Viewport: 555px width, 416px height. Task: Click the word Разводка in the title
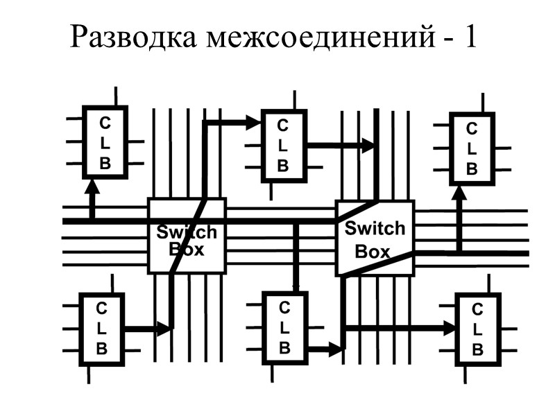tap(133, 37)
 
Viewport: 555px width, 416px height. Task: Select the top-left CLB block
tap(105, 142)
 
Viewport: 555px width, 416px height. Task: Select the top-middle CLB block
tap(283, 146)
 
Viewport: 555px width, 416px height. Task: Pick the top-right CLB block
tap(472, 148)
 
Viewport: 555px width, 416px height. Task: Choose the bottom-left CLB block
tap(102, 329)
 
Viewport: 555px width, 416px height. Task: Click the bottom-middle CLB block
tap(284, 327)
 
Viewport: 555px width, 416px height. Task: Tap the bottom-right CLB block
tap(477, 329)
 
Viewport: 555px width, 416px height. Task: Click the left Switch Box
tap(187, 236)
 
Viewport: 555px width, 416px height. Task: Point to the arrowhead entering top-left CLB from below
tap(92, 186)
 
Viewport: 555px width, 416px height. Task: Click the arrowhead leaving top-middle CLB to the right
tap(367, 146)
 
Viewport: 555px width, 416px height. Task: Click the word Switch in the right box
tap(375, 227)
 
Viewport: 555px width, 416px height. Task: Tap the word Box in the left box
tap(187, 249)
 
